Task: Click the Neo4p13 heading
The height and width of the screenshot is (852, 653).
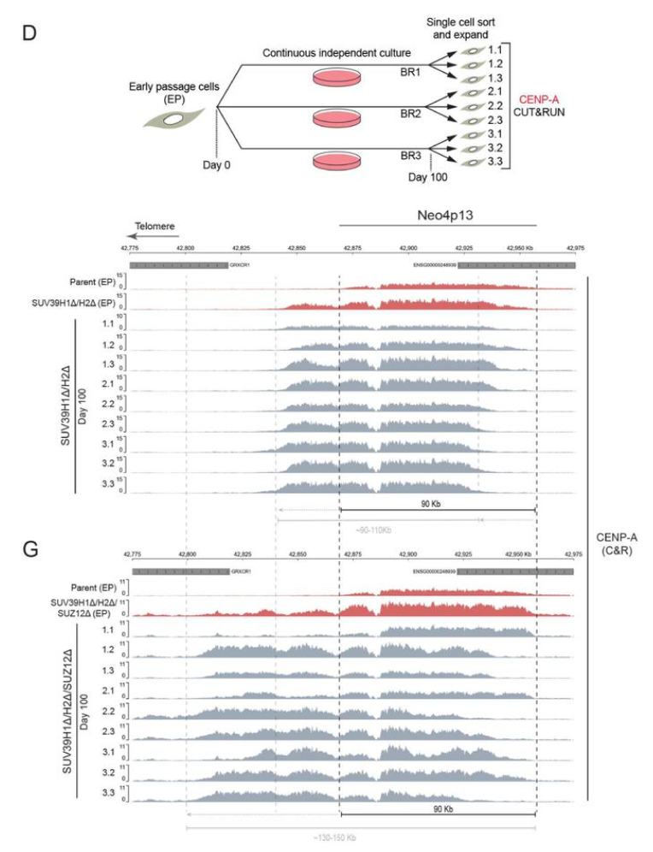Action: tap(438, 218)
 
